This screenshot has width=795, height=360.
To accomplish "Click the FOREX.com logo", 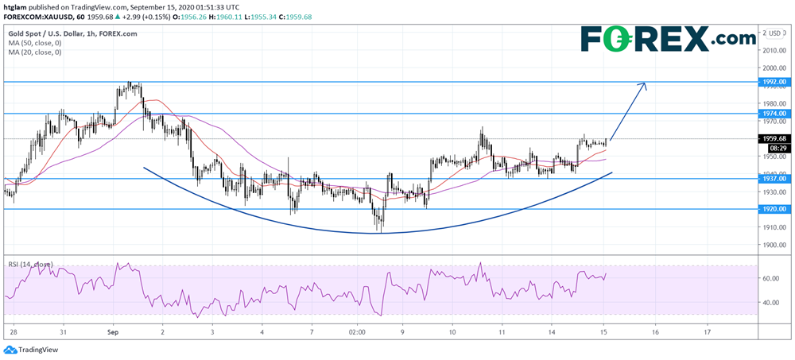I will point(668,37).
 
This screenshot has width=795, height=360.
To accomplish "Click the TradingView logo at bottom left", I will point(31,350).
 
